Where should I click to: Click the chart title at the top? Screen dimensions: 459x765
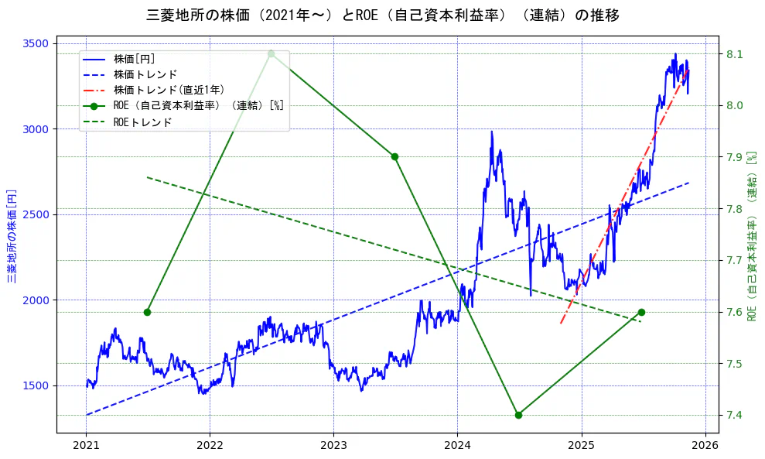point(382,15)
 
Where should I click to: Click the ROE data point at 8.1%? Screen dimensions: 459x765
point(271,53)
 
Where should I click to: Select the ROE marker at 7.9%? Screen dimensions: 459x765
point(394,156)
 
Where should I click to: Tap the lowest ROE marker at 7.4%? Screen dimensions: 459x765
point(518,415)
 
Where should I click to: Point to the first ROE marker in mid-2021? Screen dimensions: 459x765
point(147,312)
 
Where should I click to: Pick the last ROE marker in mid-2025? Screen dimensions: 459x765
point(641,312)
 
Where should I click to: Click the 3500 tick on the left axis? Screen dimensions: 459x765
point(36,43)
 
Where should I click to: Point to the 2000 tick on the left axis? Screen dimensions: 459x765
point(36,300)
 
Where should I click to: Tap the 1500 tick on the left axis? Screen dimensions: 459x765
point(36,385)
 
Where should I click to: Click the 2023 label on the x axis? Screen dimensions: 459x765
point(333,447)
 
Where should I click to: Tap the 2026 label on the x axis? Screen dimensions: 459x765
point(705,447)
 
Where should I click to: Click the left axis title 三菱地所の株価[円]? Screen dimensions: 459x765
point(12,236)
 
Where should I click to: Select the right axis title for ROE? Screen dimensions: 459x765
point(751,236)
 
